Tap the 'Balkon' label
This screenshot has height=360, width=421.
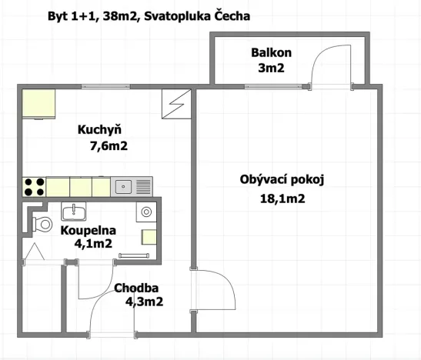270,52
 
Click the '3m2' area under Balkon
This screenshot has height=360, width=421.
270,67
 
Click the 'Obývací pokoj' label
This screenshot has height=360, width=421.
282,181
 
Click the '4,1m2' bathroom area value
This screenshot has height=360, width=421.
94,244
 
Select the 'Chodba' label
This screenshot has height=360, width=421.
136,288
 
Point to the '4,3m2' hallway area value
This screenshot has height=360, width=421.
144,302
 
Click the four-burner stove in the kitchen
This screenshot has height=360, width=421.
34,186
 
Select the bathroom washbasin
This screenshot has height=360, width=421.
73,211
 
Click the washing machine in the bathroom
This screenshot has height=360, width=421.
146,212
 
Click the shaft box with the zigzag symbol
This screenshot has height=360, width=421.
175,104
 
